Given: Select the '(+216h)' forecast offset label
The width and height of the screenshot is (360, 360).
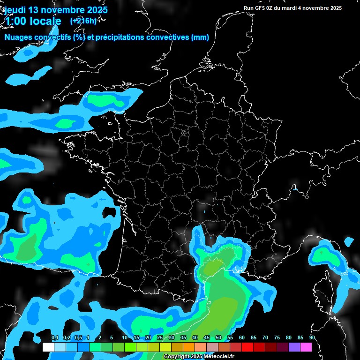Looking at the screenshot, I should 83,21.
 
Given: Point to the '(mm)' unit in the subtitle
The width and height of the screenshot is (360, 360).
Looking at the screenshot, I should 200,37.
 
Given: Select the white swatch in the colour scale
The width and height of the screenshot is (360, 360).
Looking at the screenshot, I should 48,347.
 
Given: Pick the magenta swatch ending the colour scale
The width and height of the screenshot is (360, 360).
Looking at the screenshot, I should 306,347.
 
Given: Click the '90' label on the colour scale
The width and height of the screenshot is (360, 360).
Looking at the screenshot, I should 312,338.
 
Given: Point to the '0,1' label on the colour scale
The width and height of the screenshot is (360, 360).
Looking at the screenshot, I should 54,338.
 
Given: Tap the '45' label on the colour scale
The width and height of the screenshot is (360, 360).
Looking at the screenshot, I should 207,338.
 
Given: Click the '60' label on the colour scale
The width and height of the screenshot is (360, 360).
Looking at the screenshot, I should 242,338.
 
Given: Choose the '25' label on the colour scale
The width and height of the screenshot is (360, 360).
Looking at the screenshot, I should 160,338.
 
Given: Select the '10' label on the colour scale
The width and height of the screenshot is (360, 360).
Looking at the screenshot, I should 125,338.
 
